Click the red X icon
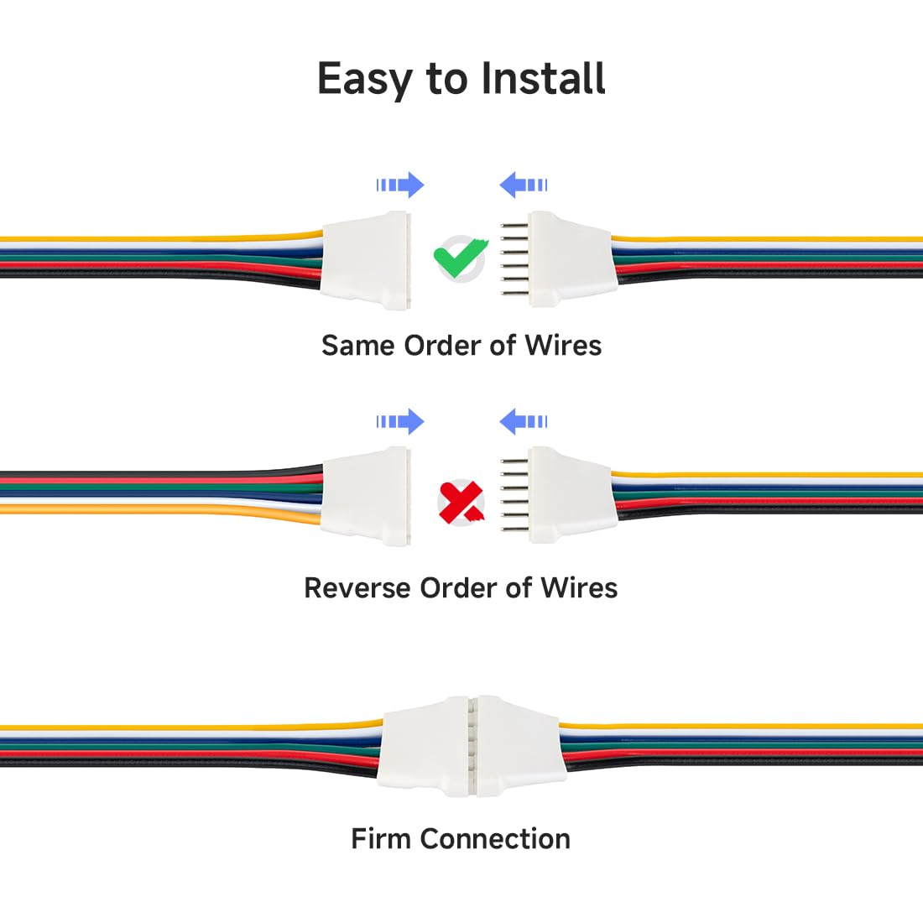click(x=461, y=503)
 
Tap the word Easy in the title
click(x=365, y=81)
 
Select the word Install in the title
click(x=543, y=79)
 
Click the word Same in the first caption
click(x=358, y=345)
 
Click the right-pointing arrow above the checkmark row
click(x=400, y=185)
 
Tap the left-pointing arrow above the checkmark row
click(x=523, y=185)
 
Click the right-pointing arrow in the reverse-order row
click(x=400, y=421)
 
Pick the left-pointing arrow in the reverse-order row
click(x=523, y=421)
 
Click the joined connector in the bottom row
click(x=470, y=746)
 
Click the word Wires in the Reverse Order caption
click(x=579, y=587)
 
